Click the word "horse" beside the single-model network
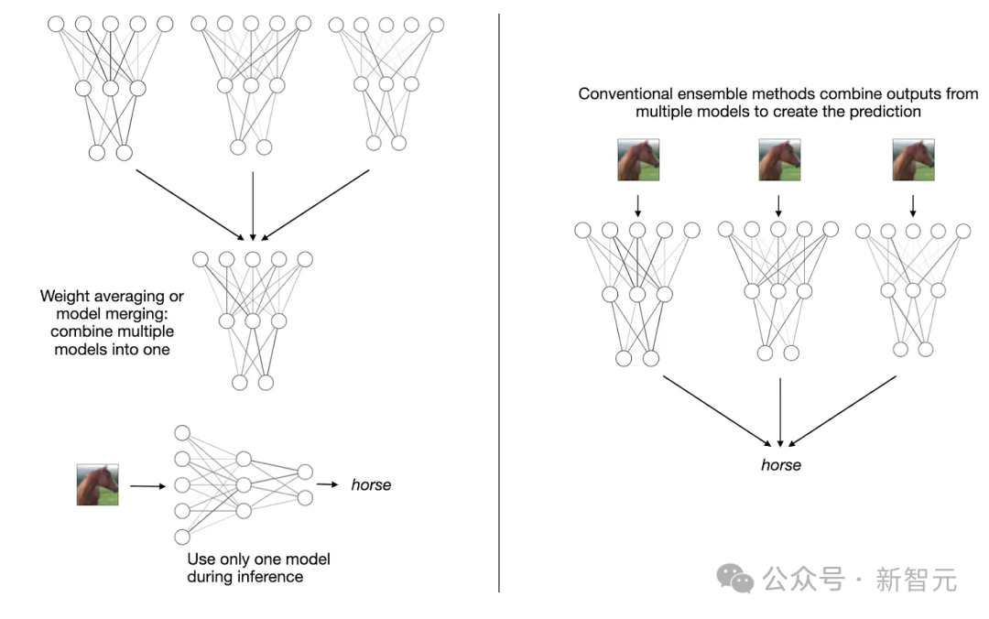click(x=371, y=484)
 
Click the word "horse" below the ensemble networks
click(x=780, y=465)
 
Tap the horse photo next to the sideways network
click(x=97, y=484)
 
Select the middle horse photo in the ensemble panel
click(x=779, y=159)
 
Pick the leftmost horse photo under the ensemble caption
click(x=638, y=159)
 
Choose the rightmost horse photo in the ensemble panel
click(x=913, y=159)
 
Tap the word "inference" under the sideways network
click(x=273, y=577)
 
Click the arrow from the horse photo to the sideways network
click(x=147, y=486)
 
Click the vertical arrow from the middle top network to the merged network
click(x=253, y=206)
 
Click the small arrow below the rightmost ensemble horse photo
click(x=912, y=202)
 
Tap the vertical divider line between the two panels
click(x=499, y=302)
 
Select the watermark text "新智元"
click(x=916, y=580)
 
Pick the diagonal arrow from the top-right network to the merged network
click(x=316, y=204)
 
